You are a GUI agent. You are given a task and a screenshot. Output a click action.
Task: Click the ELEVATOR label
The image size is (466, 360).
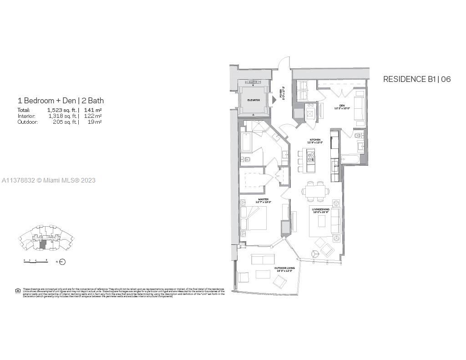tap(253, 100)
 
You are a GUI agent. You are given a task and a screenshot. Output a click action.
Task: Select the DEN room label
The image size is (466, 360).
tap(341, 106)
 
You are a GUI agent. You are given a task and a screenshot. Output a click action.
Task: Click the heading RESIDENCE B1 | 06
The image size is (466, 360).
tap(416, 79)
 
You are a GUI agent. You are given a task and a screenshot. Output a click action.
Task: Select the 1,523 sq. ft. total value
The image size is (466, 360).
tap(62, 110)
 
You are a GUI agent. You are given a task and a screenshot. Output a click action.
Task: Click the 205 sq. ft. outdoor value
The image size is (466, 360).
tap(65, 122)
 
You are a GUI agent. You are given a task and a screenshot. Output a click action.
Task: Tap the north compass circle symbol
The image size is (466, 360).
tap(63, 262)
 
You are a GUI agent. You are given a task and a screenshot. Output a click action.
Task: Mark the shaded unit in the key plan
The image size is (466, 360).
tap(43, 244)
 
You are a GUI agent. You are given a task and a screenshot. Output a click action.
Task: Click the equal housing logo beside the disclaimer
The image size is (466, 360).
tap(18, 291)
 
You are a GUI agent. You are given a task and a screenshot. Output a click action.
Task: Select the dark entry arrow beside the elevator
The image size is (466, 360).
tap(274, 100)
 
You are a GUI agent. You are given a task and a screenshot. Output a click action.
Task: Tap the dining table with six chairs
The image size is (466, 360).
tap(314, 191)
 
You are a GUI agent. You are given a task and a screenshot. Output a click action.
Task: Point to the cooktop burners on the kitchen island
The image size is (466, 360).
tap(311, 158)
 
